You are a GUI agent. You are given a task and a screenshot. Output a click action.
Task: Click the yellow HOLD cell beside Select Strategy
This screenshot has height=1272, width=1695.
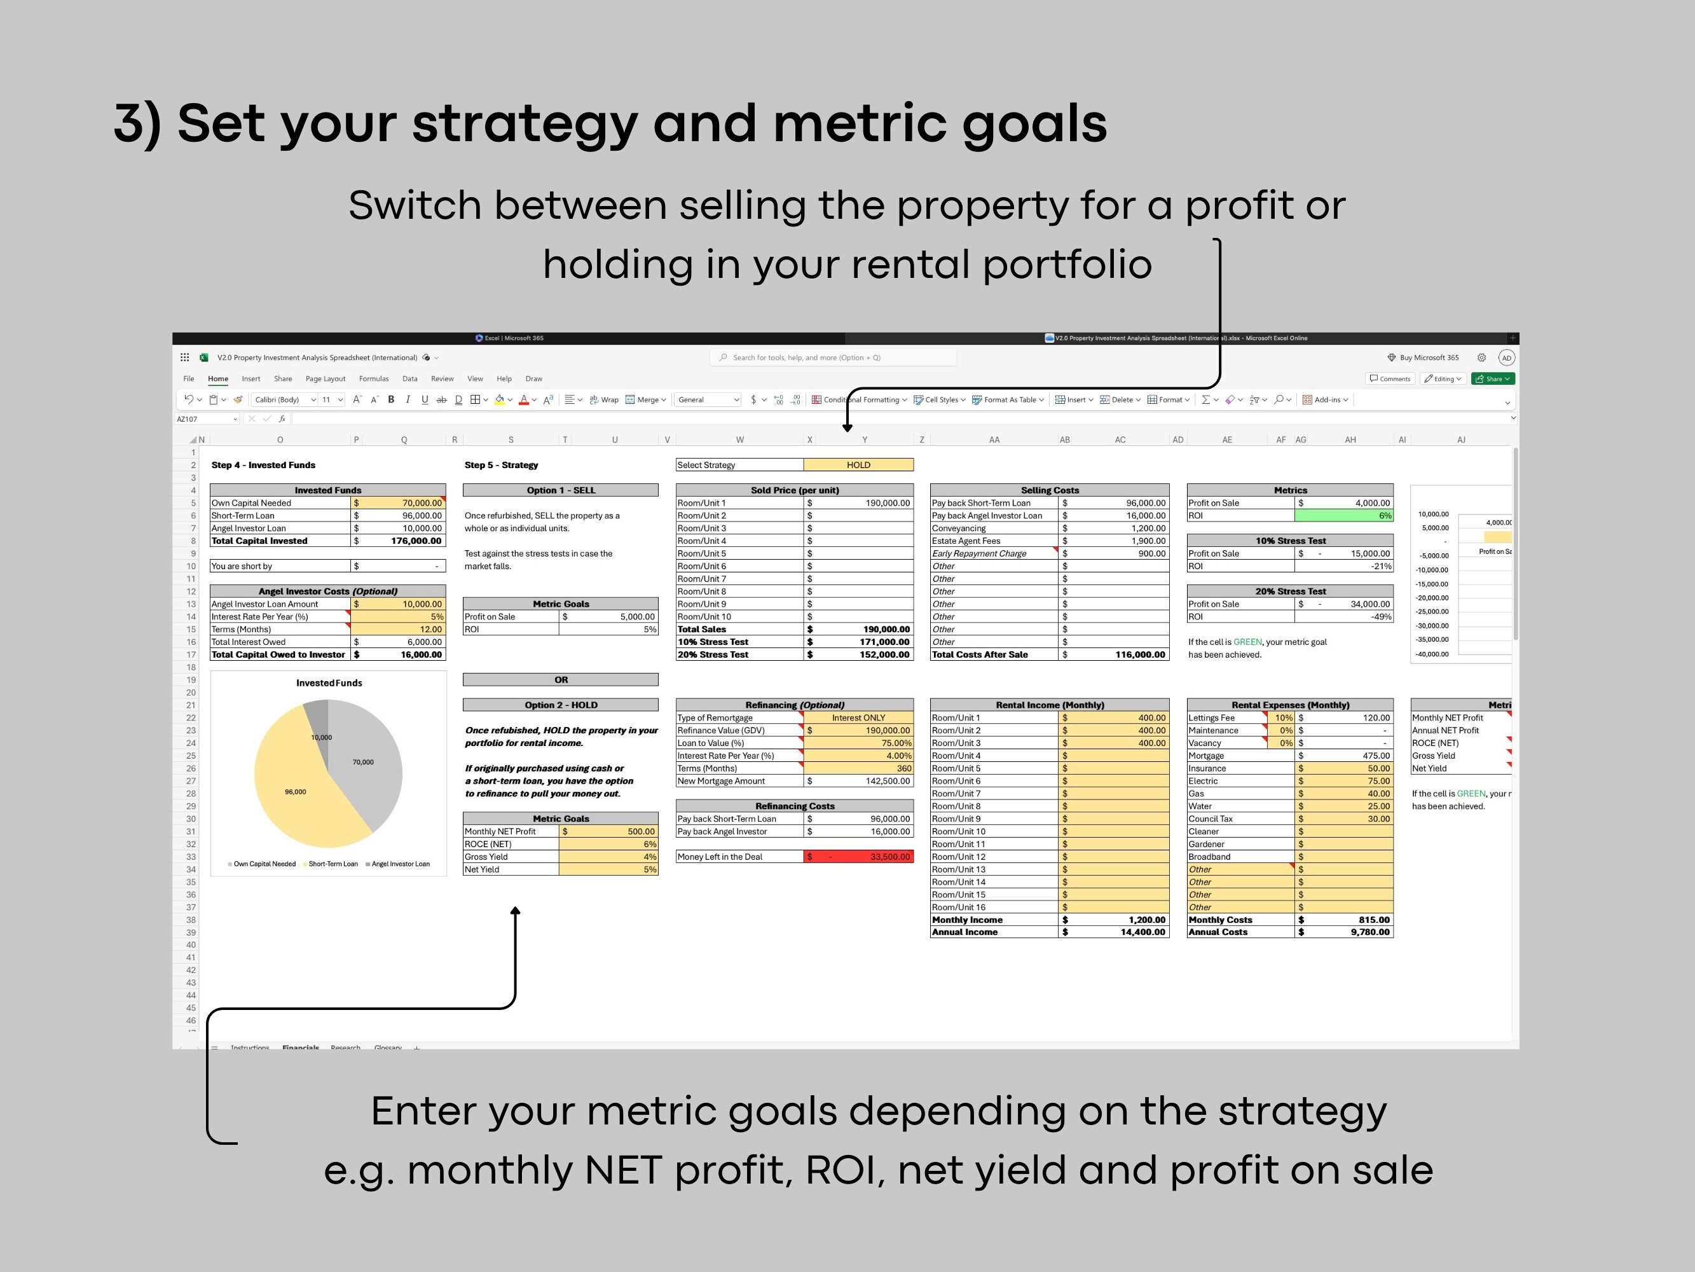[858, 465]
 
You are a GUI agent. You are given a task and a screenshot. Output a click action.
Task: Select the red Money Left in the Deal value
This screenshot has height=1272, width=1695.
[858, 857]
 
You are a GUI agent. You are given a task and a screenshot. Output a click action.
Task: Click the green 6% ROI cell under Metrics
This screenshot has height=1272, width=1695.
[1343, 515]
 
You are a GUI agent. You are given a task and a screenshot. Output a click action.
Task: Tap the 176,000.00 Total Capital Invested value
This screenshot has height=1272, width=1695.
[399, 541]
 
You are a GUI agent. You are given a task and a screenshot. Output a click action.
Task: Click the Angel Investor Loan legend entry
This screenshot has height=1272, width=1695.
[399, 864]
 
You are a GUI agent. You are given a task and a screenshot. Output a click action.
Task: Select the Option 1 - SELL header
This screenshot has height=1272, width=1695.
[560, 490]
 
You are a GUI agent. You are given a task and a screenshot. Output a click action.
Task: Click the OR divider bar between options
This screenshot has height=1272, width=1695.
[560, 679]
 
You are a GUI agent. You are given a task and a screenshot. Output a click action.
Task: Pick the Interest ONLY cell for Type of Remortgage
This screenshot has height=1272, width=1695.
[858, 717]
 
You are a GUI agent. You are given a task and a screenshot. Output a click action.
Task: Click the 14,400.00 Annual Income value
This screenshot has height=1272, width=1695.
[1115, 932]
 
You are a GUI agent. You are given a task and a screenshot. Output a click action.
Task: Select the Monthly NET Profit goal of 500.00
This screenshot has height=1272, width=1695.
[608, 831]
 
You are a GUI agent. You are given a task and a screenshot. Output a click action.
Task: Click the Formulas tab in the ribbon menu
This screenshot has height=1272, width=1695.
[373, 379]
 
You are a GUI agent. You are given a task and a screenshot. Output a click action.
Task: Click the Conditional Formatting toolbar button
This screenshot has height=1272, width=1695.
[859, 399]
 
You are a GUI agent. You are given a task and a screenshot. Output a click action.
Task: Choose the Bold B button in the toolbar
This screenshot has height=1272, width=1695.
[391, 399]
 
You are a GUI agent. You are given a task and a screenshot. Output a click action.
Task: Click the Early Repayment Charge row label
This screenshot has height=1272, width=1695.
[978, 553]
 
